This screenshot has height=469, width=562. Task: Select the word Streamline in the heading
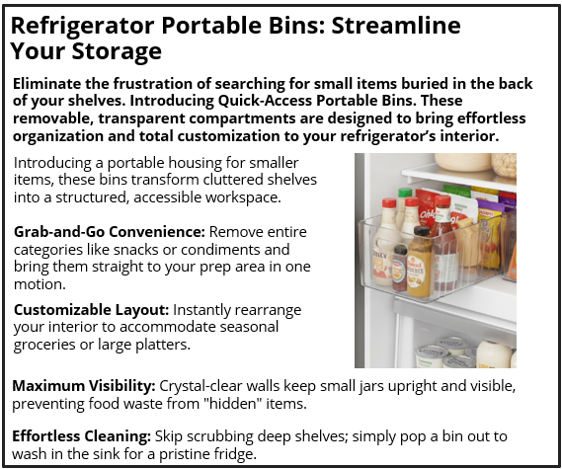[x=398, y=26]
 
